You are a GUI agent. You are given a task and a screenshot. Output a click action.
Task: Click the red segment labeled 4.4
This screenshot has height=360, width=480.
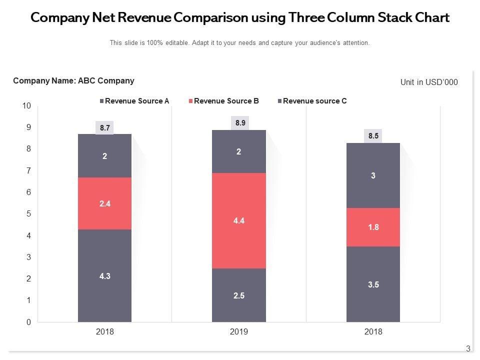pos(238,220)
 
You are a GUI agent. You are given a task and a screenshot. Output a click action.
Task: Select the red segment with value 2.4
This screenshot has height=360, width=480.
pos(104,203)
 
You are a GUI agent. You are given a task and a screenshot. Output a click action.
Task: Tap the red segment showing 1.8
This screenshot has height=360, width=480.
pos(373,227)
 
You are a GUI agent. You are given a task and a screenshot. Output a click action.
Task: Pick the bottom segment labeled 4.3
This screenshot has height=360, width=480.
pos(104,275)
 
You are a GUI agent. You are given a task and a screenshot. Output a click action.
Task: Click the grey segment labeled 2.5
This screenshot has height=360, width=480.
pos(238,295)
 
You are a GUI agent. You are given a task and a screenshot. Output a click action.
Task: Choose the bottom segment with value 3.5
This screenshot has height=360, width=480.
pos(373,284)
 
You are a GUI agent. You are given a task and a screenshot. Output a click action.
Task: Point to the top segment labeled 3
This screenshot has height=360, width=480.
pos(373,175)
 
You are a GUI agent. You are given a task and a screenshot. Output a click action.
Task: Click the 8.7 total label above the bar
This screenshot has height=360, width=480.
pos(104,128)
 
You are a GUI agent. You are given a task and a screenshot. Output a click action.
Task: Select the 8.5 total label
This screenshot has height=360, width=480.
pos(373,135)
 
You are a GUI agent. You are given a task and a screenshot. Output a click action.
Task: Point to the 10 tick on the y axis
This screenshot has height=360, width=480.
pos(26,106)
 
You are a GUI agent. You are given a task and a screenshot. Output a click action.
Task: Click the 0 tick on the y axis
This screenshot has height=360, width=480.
pos(28,322)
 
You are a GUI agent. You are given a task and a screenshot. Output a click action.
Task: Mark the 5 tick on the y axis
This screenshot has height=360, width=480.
pos(28,214)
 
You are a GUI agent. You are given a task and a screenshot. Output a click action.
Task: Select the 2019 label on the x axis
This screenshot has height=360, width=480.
pos(238,331)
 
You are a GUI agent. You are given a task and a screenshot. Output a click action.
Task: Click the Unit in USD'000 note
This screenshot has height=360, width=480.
pos(429,82)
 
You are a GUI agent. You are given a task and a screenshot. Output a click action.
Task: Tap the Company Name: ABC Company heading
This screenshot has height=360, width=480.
pos(73,80)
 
